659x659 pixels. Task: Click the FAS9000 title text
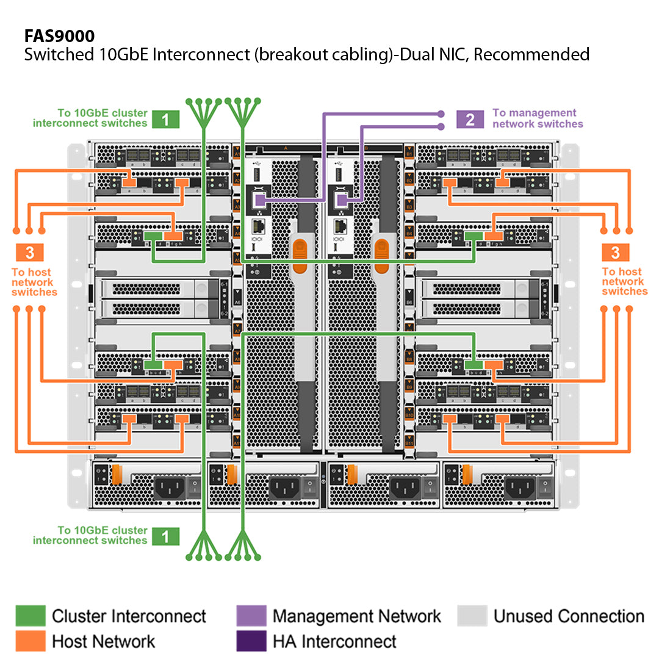[59, 35]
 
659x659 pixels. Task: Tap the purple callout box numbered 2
[470, 118]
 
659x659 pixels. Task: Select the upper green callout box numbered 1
[165, 118]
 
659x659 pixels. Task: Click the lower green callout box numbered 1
[165, 536]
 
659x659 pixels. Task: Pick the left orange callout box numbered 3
[34, 252]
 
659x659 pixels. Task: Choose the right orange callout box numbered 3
[615, 252]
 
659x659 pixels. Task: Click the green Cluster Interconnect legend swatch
[31, 616]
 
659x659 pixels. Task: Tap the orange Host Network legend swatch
[31, 641]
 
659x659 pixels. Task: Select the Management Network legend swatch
[251, 616]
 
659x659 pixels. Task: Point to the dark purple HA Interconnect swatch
[251, 641]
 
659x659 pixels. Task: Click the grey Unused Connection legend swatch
[472, 616]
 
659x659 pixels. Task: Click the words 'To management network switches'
[537, 118]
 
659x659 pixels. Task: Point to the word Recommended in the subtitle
[531, 54]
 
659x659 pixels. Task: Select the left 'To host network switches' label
[34, 282]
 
